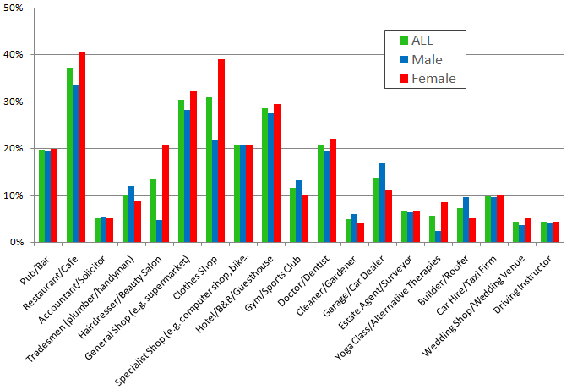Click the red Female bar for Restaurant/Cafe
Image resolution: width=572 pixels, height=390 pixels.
(x=82, y=148)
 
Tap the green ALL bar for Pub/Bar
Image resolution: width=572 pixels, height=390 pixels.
(x=42, y=196)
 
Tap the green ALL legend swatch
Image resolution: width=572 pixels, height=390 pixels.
(x=403, y=40)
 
